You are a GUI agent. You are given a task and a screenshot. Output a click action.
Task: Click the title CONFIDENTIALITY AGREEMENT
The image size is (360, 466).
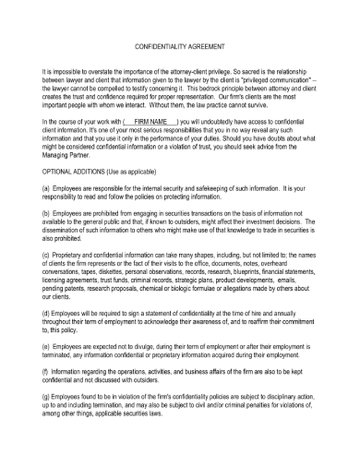point(179,44)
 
